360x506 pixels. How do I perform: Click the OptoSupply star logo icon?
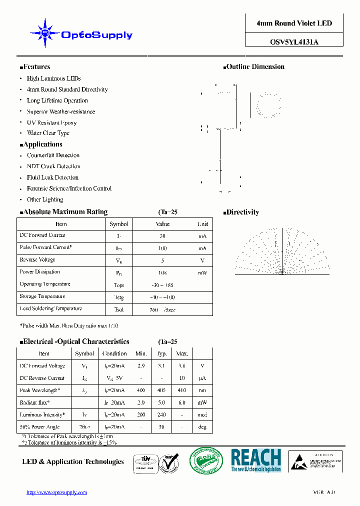coord(44,33)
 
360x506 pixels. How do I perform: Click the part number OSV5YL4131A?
coord(294,42)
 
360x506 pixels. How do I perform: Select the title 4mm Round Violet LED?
coord(294,23)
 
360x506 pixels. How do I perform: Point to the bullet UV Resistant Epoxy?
coord(51,122)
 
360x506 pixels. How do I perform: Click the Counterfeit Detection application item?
coord(53,155)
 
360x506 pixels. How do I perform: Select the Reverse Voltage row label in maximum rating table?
coord(37,260)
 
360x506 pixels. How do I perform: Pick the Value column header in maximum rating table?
coord(162,224)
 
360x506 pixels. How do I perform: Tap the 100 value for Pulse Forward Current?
coord(162,248)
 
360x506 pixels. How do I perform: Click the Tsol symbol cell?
coord(119,309)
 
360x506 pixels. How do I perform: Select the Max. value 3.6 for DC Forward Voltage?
coord(182,366)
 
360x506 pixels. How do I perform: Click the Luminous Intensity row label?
coord(41,415)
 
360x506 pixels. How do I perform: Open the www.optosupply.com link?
coord(56,492)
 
